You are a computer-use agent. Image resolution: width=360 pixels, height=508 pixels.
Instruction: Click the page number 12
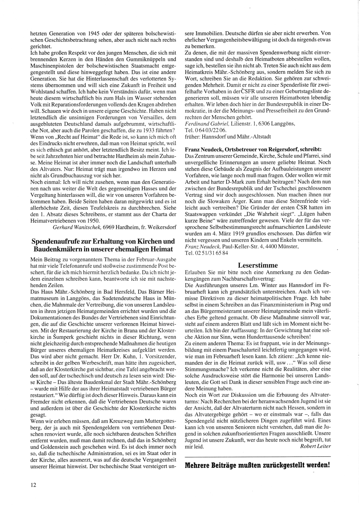(x=33, y=485)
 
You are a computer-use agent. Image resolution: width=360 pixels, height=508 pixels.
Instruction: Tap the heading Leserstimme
(x=258, y=265)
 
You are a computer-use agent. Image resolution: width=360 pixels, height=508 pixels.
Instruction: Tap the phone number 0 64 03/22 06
(x=211, y=130)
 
